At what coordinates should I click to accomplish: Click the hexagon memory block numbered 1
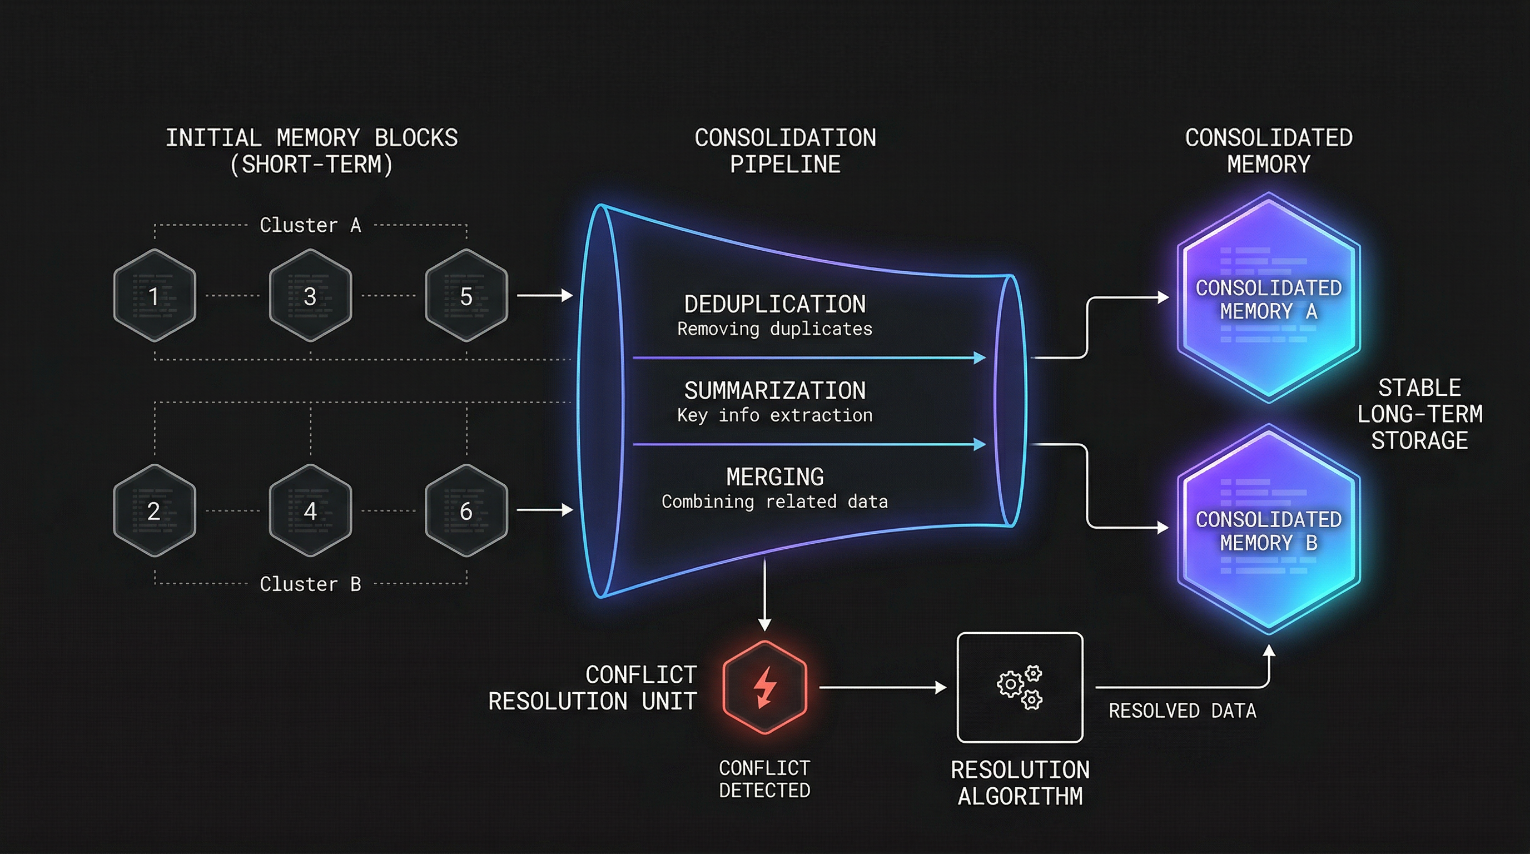155,295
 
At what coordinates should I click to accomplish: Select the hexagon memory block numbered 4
310,510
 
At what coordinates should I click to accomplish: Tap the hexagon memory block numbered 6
466,510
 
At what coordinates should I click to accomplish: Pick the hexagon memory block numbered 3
310,295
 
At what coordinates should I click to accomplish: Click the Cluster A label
310,225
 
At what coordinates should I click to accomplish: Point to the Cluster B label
310,584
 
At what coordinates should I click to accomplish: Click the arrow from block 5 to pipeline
544,295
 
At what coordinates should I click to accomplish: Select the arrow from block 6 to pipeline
544,509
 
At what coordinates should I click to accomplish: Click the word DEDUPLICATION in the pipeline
774,304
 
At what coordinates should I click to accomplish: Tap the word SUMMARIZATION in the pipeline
774,390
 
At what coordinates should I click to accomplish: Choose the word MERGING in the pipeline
774,477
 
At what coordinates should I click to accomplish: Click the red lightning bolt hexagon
764,687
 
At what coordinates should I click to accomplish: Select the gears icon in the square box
1020,687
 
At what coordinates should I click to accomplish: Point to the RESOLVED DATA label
1182,711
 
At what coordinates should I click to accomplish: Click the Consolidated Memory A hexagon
1269,298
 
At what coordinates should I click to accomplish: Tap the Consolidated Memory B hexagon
1269,530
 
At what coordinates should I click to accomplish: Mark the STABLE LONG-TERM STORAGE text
1419,414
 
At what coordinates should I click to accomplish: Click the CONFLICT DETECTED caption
764,778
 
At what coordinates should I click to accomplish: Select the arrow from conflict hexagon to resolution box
882,687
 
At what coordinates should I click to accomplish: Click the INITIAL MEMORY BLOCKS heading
311,151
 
